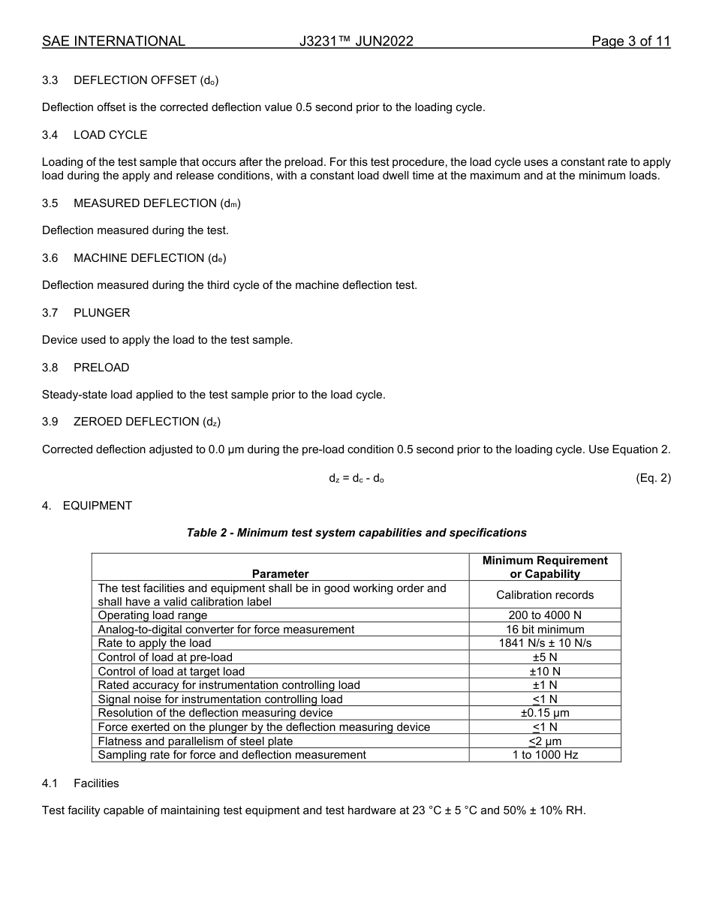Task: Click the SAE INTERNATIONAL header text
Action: click(x=113, y=41)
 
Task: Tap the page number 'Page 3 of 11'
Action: click(x=630, y=41)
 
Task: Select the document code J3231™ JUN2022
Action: click(x=356, y=41)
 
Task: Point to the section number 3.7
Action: click(x=50, y=312)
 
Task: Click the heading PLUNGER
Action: click(x=101, y=312)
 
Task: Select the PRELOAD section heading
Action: click(x=101, y=367)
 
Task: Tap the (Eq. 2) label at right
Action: click(x=652, y=478)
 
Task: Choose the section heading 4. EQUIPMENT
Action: click(x=87, y=506)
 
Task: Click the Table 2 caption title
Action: click(x=356, y=533)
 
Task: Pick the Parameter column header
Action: click(x=280, y=574)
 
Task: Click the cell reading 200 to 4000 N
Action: click(x=545, y=615)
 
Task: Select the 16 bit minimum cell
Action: click(x=545, y=630)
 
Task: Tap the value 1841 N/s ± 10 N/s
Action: click(x=545, y=643)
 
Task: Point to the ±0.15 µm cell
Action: click(x=545, y=713)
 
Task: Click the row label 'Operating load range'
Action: click(x=152, y=615)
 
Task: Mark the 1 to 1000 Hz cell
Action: click(x=545, y=755)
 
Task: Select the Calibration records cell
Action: click(x=545, y=595)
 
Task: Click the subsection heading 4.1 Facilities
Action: click(x=80, y=783)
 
